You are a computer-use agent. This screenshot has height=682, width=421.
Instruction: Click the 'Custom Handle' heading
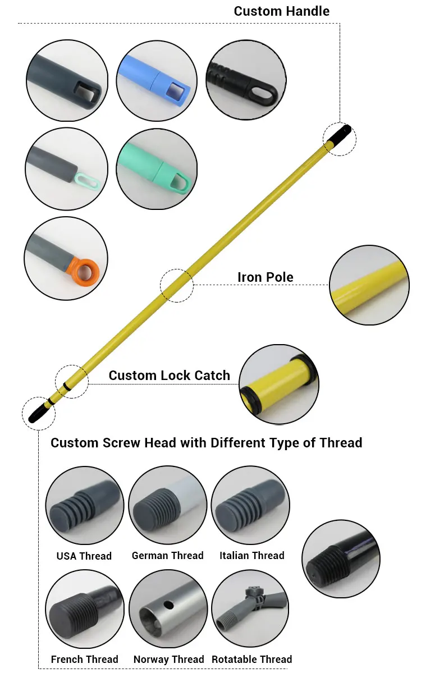pos(281,11)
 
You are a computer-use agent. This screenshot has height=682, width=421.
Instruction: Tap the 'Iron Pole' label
pos(265,277)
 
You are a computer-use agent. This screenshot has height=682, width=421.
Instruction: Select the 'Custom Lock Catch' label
pos(169,376)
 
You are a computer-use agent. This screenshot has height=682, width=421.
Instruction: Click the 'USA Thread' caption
pos(84,556)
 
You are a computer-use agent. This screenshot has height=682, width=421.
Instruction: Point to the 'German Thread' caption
pos(167,555)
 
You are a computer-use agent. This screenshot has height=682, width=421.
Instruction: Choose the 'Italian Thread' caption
pos(251,555)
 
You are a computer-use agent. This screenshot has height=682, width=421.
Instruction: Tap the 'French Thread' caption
pos(84,659)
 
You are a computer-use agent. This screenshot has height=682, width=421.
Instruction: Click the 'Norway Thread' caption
pos(168,659)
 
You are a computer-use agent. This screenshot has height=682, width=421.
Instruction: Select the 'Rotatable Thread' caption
pos(251,659)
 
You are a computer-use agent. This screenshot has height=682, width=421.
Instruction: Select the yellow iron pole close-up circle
pos(369,285)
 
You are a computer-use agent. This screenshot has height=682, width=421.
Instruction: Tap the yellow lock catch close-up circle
pos(278,384)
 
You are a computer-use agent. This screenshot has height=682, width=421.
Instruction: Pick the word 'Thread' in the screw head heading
pos(341,443)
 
